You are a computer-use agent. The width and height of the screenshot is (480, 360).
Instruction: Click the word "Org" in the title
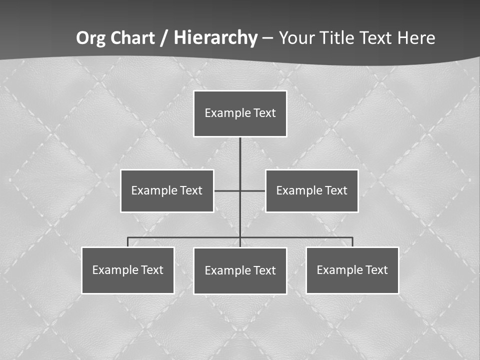(90, 38)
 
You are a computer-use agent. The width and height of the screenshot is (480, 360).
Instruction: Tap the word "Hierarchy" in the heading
(215, 38)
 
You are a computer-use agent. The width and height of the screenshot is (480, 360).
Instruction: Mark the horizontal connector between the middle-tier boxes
(227, 190)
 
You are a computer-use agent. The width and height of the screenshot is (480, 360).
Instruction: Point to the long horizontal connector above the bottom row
(185, 237)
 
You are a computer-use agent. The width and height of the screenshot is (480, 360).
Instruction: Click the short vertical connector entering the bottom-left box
(128, 242)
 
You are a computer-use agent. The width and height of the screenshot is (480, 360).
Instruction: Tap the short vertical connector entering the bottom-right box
(352, 242)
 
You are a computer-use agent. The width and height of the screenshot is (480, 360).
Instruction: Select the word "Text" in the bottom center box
(264, 270)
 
